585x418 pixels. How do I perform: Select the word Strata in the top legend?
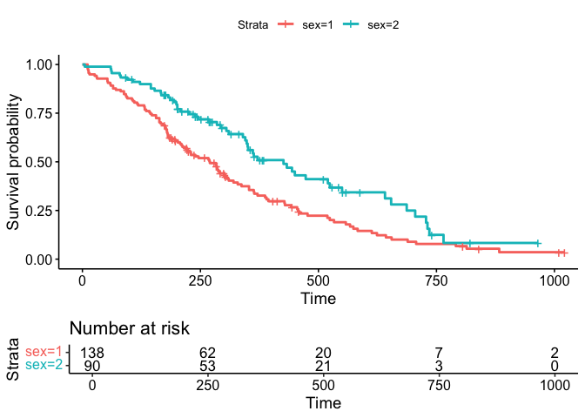(x=253, y=25)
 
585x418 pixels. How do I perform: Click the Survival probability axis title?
(x=14, y=162)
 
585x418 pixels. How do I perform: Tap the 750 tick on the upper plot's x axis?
(x=436, y=281)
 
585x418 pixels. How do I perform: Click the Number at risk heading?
(x=129, y=328)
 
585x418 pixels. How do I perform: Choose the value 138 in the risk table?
(x=93, y=354)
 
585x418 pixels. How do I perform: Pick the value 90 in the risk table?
(x=93, y=366)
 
